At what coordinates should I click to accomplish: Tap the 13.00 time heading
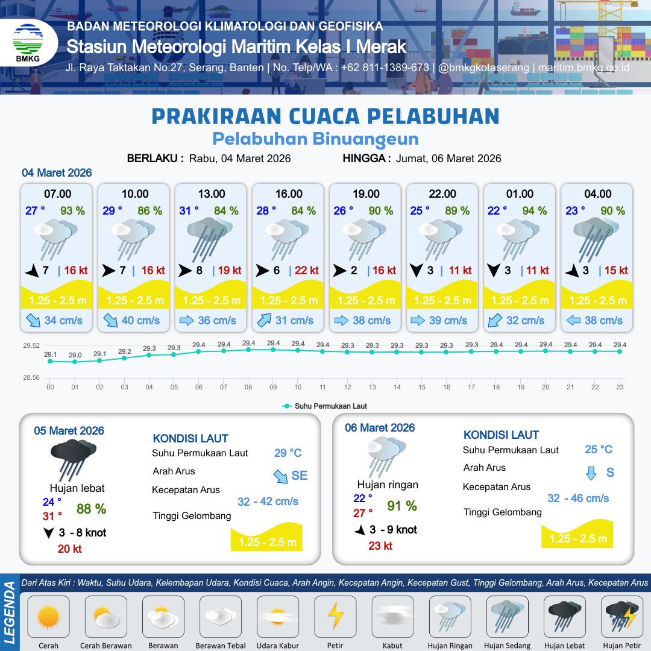(x=212, y=194)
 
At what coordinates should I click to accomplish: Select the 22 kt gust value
(x=306, y=271)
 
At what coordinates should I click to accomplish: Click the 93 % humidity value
(x=72, y=211)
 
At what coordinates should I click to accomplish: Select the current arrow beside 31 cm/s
(x=264, y=321)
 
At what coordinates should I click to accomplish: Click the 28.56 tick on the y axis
(x=31, y=378)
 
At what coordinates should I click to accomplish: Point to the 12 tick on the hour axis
(x=348, y=388)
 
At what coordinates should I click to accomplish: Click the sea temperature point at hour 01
(x=75, y=362)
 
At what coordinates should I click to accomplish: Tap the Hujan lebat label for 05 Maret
(x=77, y=488)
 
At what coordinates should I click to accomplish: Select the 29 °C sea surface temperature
(x=288, y=453)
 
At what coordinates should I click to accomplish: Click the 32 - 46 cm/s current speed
(x=578, y=498)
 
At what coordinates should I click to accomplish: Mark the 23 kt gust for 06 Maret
(x=380, y=546)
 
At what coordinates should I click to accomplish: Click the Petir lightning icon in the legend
(x=335, y=617)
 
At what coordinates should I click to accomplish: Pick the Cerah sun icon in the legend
(x=49, y=617)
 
